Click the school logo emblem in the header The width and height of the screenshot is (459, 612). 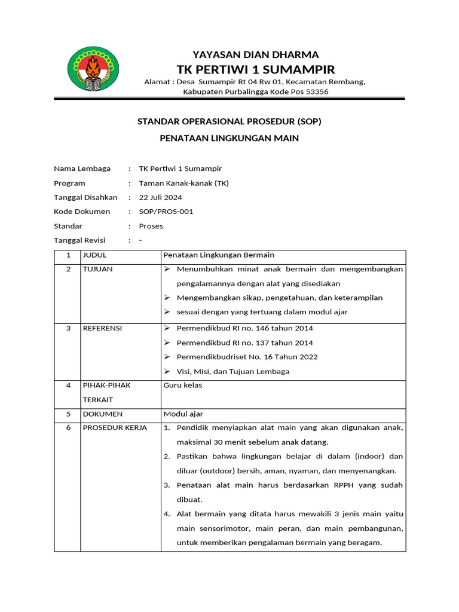tap(93, 70)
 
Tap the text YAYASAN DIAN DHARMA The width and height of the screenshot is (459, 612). tap(255, 54)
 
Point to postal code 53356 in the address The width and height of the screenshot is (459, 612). tap(317, 91)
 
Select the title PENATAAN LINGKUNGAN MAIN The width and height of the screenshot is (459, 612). tap(229, 138)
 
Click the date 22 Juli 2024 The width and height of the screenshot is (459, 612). tap(161, 197)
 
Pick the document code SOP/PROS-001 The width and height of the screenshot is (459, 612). tap(166, 212)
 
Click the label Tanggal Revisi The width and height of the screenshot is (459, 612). tap(79, 240)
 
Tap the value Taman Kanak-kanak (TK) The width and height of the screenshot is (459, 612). tap(183, 183)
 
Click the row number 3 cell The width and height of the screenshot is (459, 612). tap(68, 328)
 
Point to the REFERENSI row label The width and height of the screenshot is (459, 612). tap(102, 328)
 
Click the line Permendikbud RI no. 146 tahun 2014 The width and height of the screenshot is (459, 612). tap(244, 328)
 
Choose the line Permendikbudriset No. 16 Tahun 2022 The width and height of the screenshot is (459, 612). tap(247, 357)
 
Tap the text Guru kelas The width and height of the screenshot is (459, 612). tap(183, 385)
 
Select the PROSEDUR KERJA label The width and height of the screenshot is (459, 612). tap(115, 428)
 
